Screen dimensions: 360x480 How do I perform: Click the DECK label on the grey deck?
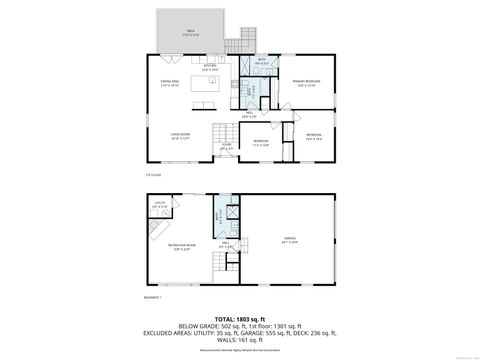190,33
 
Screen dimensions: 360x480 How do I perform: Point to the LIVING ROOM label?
180,136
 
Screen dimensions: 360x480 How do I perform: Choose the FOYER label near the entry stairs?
227,146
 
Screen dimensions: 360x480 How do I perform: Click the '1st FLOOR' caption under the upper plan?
152,174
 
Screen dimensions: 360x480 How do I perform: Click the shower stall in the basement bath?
231,211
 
